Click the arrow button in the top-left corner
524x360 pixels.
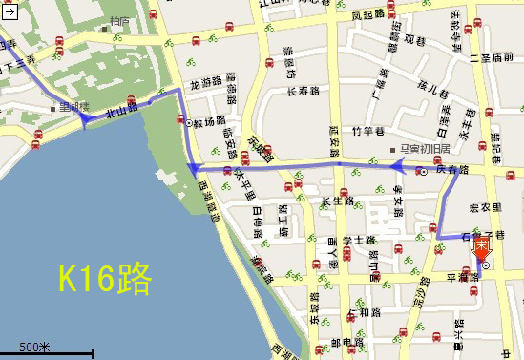(x=8, y=10)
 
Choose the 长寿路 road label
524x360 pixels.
(x=302, y=93)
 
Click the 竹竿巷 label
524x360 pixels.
(x=367, y=131)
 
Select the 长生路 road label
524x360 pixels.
(x=338, y=201)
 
